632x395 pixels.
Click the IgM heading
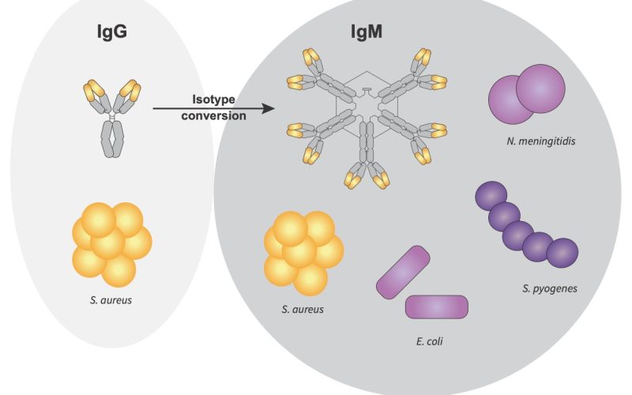(367, 33)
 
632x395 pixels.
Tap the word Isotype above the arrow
(216, 100)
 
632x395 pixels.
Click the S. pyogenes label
(549, 289)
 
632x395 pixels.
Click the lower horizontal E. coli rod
(437, 306)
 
